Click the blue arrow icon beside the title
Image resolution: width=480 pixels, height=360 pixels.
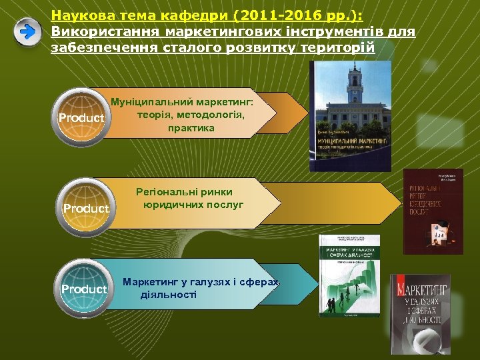pos(28,32)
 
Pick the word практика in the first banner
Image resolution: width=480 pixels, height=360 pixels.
pos(191,128)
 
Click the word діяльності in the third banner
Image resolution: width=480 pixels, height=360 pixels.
pos(168,294)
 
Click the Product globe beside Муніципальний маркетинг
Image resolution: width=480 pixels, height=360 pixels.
pos(81,118)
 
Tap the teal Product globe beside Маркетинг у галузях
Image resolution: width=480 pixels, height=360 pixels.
pos(83,289)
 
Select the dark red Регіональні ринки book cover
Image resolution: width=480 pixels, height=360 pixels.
pos(433,211)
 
